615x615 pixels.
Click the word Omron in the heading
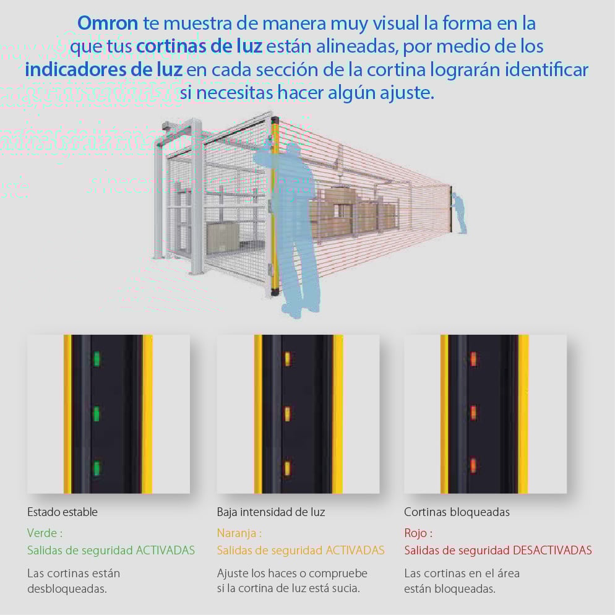[x=108, y=23]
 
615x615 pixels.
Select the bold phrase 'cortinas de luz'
[x=199, y=46]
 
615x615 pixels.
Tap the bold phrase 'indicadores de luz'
[x=103, y=70]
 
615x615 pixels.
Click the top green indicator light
[x=97, y=359]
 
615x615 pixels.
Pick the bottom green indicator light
[x=96, y=468]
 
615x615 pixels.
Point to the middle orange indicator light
[x=287, y=414]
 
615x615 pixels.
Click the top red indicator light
[x=473, y=359]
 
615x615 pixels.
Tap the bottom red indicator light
[x=473, y=465]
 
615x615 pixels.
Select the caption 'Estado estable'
[x=62, y=512]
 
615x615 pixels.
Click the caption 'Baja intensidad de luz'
[x=270, y=512]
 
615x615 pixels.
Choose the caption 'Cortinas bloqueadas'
[x=457, y=512]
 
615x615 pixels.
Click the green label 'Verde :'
[x=45, y=533]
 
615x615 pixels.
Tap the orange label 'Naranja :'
[x=239, y=533]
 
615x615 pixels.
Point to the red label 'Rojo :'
[x=418, y=533]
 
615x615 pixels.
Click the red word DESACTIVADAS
[x=553, y=550]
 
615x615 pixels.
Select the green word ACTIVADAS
[x=165, y=550]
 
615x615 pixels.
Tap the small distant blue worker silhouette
[x=459, y=213]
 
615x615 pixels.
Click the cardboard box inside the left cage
[x=222, y=237]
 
